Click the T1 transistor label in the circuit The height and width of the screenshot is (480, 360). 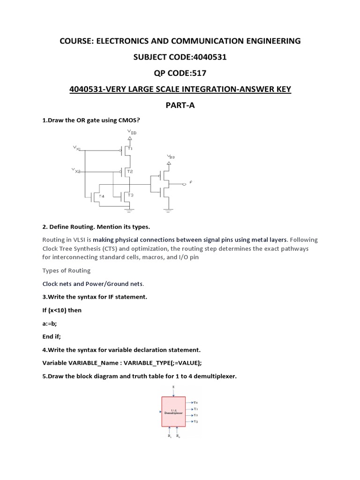(130, 149)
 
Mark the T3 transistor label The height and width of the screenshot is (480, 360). (130, 195)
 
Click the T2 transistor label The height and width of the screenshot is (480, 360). (130, 172)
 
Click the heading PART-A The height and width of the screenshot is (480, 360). (180, 105)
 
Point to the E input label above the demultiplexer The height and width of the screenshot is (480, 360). (174, 387)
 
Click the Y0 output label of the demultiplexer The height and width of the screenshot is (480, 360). (195, 402)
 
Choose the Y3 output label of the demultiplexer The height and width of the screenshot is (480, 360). (195, 421)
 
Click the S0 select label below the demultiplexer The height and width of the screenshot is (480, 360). (178, 436)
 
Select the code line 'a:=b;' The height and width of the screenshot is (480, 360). (50, 323)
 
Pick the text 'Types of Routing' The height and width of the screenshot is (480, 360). (67, 270)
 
